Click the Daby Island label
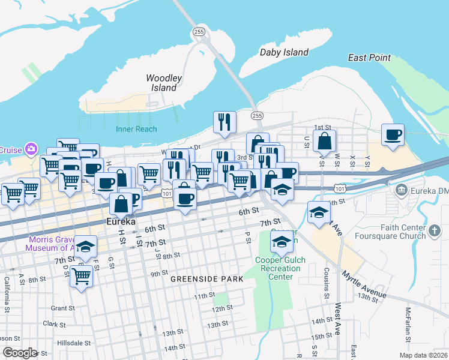284,53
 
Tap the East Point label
369,58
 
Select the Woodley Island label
162,83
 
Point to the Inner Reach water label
137,129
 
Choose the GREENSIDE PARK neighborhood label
206,279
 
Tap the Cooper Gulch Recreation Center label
280,265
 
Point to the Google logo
19,352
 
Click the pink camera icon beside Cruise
31,149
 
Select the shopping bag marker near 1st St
324,142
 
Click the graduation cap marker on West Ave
319,212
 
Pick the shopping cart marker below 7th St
81,277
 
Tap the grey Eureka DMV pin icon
401,190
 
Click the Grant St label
62,308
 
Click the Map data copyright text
417,355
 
